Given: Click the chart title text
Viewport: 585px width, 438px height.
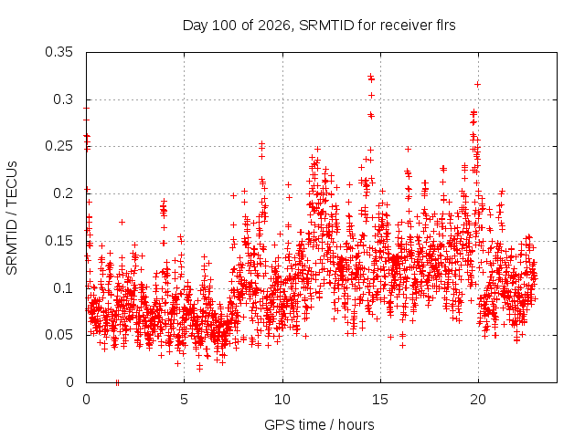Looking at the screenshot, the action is click(319, 26).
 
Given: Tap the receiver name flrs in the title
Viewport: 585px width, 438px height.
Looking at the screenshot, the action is click(446, 26).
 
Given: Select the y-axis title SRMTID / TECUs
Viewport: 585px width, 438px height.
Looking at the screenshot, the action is click(12, 218).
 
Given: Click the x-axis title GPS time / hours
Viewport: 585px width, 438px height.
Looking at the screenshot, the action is click(319, 424).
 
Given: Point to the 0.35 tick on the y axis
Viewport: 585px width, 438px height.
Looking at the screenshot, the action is click(58, 52).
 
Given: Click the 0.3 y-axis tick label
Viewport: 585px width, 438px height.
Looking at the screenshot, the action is click(63, 99).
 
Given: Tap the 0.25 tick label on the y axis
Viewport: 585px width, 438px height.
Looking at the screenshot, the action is click(58, 146).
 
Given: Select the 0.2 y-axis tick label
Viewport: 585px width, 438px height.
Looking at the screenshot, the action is click(63, 193).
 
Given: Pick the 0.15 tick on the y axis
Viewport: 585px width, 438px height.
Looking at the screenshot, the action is click(58, 241).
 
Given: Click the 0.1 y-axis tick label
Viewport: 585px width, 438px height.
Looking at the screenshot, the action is click(63, 288).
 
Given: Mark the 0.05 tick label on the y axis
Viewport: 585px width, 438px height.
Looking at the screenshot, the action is click(58, 335).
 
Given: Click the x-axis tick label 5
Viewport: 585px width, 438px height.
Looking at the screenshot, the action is click(185, 400).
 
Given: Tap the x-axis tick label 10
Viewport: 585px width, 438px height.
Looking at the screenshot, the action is click(282, 400).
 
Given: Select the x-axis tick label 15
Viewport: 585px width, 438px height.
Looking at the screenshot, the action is click(380, 400).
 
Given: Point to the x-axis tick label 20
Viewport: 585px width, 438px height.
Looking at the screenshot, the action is click(478, 400).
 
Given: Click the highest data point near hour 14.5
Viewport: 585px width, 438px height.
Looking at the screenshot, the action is click(370, 76).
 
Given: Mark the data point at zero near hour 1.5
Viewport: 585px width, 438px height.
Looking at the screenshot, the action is click(118, 382).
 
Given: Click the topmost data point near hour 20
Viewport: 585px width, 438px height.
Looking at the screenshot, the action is click(477, 85).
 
